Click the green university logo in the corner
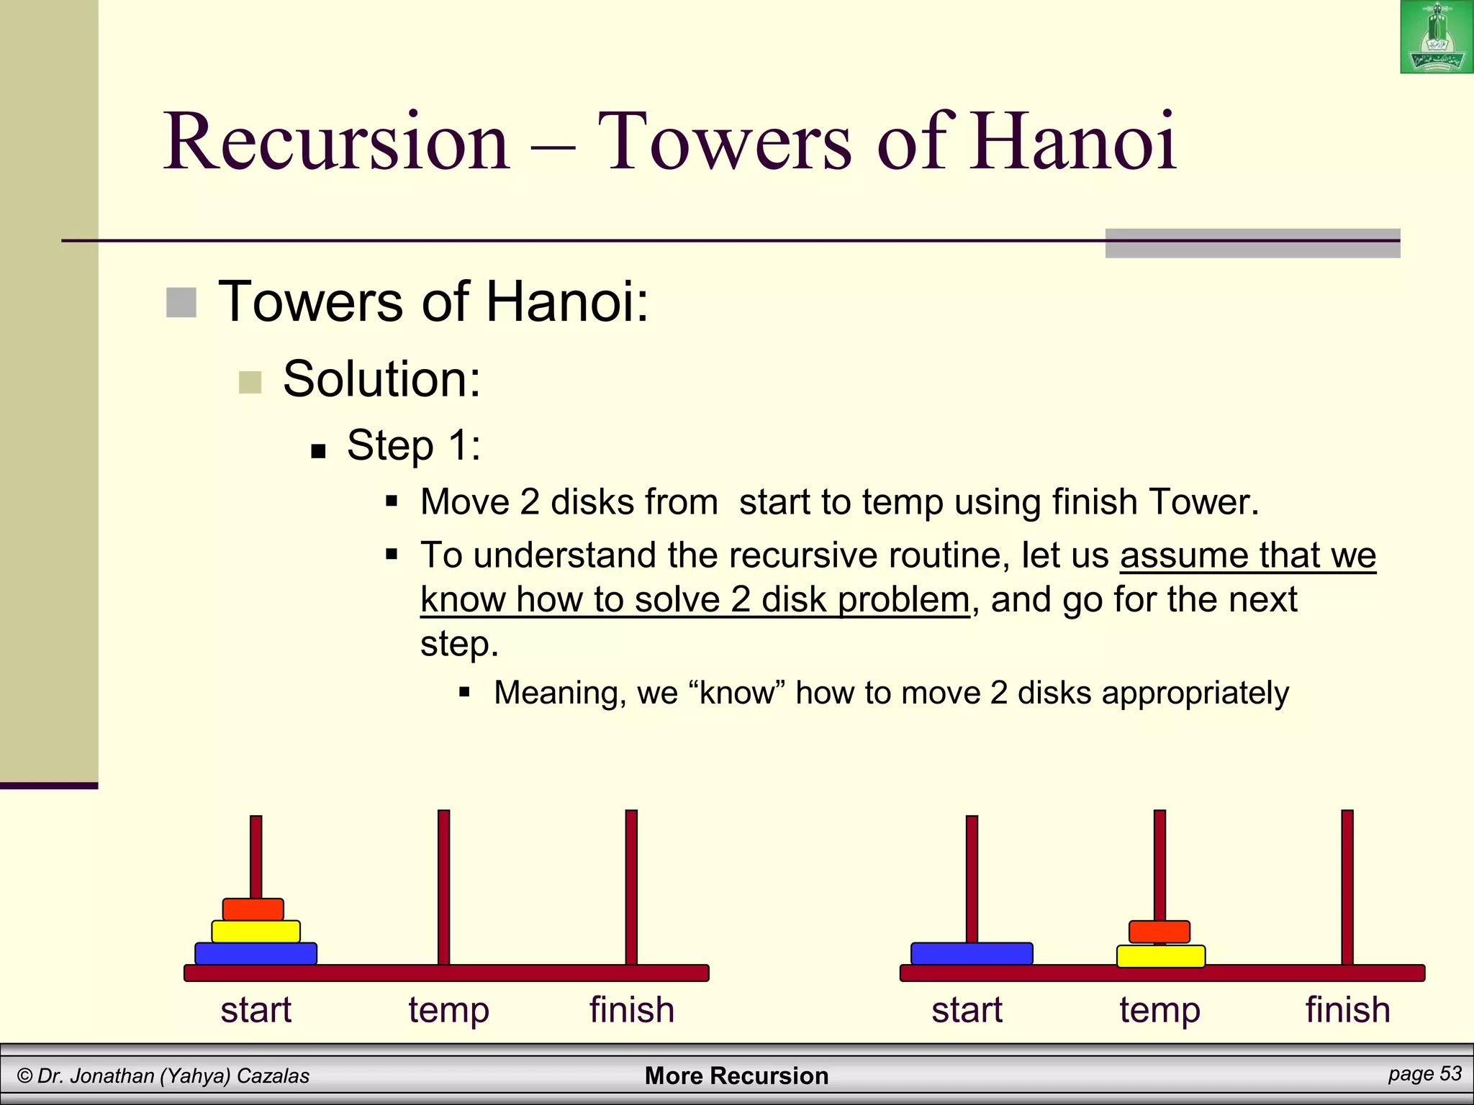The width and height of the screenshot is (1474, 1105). tap(1437, 37)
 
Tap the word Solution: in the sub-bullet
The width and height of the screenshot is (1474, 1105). tap(381, 379)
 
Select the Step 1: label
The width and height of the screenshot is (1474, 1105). tap(414, 445)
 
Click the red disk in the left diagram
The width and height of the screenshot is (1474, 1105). tap(253, 909)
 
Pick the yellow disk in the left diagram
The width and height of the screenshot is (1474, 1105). tap(256, 932)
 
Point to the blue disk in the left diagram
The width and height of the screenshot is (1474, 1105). tap(256, 954)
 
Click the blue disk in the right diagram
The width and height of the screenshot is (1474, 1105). tap(972, 954)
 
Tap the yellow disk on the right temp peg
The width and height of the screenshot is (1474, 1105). tap(1161, 957)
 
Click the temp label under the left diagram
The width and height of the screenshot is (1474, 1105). tap(448, 1010)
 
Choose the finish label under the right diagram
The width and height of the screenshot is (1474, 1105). tap(1347, 1010)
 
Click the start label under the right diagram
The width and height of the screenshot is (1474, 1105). tap(967, 1010)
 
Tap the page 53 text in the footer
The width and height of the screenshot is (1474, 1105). tap(1424, 1074)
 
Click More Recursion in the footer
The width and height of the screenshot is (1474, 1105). tap(736, 1076)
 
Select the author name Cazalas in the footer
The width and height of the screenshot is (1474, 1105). tap(273, 1076)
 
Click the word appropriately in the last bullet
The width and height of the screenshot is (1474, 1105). tap(1195, 694)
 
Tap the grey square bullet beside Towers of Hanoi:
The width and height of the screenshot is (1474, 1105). tap(181, 303)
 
